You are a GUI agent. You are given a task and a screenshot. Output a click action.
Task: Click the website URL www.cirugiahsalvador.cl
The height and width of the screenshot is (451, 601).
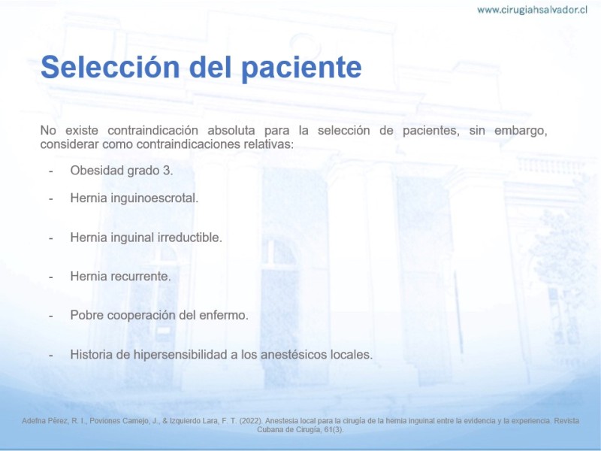click(532, 10)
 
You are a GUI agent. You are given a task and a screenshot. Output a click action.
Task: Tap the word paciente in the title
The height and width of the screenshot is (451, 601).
click(302, 68)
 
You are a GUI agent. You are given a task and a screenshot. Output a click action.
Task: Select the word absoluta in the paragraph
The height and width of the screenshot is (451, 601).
click(231, 130)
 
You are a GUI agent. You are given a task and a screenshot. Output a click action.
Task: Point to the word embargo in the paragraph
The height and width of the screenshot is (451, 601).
click(519, 131)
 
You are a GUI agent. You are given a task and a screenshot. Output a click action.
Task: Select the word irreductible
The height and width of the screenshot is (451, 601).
click(195, 238)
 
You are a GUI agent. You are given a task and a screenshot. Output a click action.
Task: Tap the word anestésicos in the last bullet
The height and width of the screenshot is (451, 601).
click(294, 354)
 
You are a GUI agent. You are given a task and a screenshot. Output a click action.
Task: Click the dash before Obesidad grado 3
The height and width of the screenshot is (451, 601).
click(50, 171)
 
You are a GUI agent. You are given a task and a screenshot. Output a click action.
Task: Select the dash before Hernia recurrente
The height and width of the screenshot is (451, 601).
click(50, 277)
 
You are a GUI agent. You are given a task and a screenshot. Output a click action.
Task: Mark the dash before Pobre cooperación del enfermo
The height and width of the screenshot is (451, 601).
click(50, 316)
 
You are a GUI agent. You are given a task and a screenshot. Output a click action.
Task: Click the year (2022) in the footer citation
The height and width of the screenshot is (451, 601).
click(251, 421)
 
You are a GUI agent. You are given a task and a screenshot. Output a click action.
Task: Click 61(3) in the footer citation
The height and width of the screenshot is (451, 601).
click(333, 430)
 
